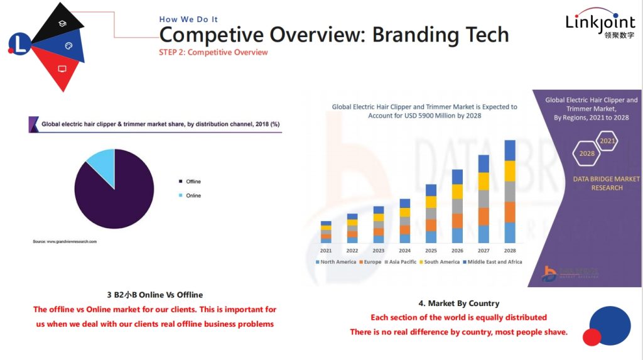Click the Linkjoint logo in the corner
tap(600, 26)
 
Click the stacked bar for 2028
tap(510, 192)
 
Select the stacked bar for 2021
tap(326, 232)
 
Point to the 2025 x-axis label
tap(431, 250)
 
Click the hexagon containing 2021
tap(607, 141)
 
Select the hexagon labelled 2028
tap(586, 153)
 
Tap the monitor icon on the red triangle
tap(62, 69)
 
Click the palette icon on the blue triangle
tap(69, 46)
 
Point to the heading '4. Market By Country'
tap(458, 303)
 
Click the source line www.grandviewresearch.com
tap(65, 241)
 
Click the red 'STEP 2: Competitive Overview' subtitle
tap(213, 52)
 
